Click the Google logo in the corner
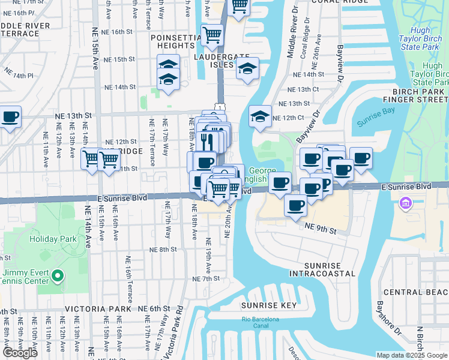tap(20, 353)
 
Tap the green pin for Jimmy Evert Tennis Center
tap(58, 276)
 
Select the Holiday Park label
tap(53, 239)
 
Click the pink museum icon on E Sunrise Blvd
tap(406, 204)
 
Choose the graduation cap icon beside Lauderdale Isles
tap(247, 69)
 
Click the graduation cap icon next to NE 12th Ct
tap(260, 116)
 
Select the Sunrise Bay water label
tap(373, 122)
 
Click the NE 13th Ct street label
tap(303, 89)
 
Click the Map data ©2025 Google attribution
tap(412, 355)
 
